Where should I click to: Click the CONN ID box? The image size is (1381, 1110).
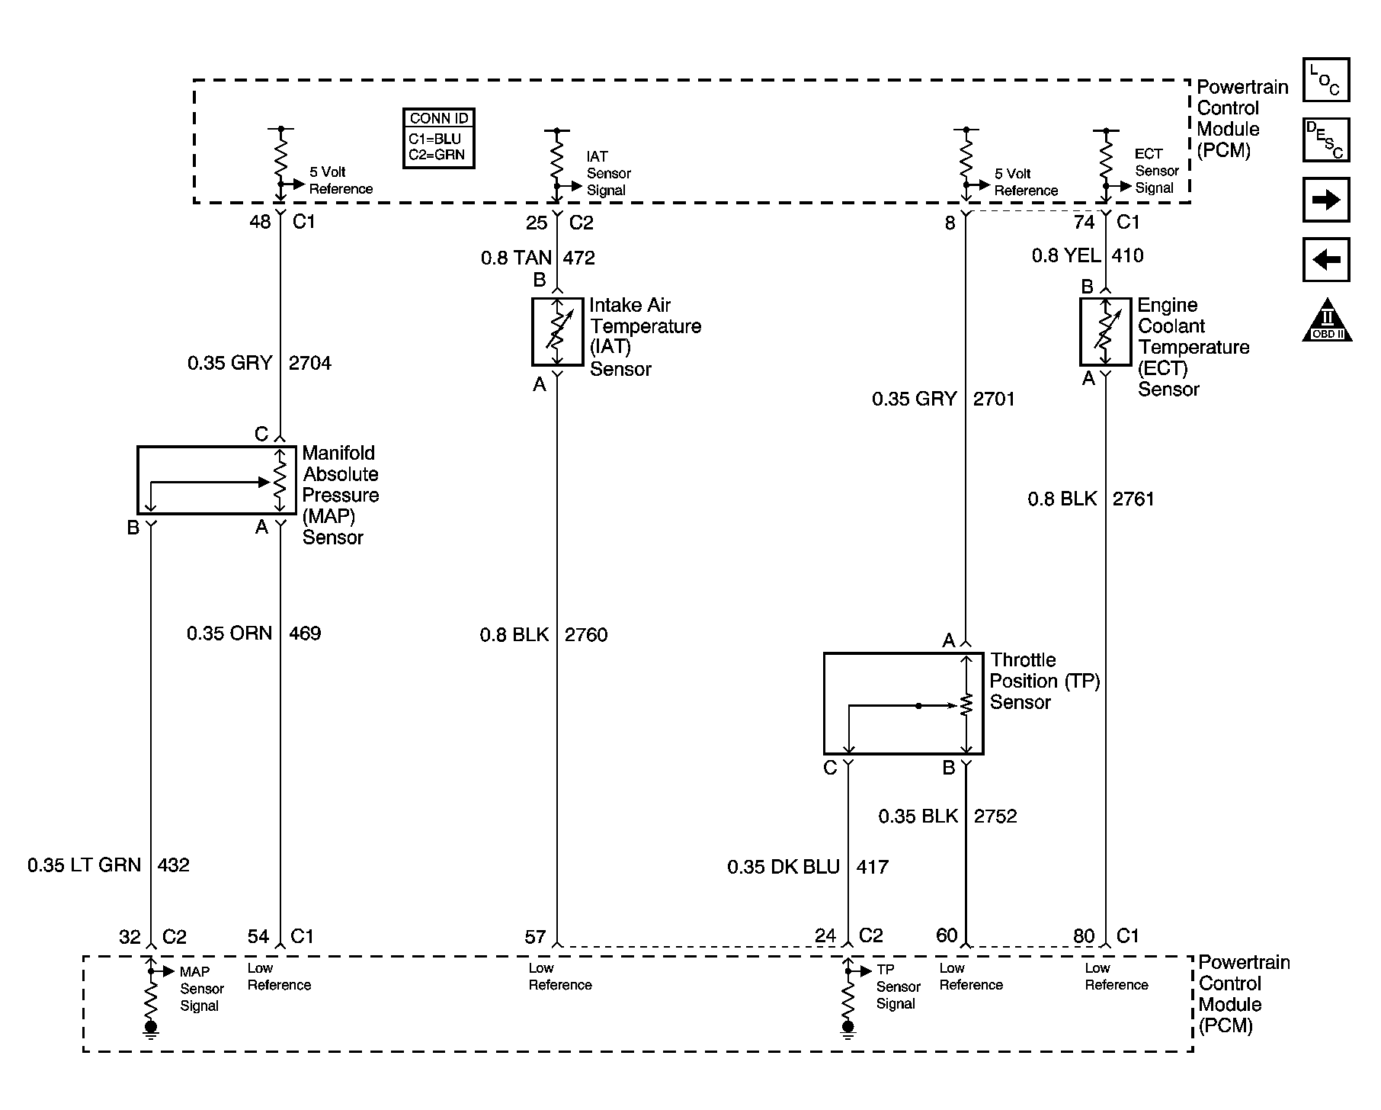tap(438, 138)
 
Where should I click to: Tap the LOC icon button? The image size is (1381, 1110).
tap(1325, 80)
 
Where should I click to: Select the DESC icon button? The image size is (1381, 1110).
tap(1325, 140)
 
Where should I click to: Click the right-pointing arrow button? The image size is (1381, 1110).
tap(1325, 200)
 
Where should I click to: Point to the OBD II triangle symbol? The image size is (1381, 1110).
tap(1326, 321)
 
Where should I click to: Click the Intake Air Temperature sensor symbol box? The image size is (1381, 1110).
tap(556, 332)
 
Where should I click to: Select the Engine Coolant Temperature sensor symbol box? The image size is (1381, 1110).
tap(1105, 332)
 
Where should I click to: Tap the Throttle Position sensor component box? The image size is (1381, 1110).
tap(903, 703)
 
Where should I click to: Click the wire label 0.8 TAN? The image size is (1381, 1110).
tap(516, 258)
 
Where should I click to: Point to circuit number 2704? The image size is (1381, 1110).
tap(309, 363)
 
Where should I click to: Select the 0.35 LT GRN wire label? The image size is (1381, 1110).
tap(85, 865)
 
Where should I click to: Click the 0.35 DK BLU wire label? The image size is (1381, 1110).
tap(783, 867)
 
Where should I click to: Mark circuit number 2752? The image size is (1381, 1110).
tap(995, 816)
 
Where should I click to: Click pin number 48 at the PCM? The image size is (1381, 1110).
tap(260, 222)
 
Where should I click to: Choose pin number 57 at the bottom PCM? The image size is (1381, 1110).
tap(535, 937)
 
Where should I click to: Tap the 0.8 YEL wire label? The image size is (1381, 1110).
tap(1065, 255)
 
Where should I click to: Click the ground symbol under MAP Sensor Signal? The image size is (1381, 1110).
tap(151, 1030)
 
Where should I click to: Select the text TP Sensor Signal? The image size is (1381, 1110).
tap(897, 987)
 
